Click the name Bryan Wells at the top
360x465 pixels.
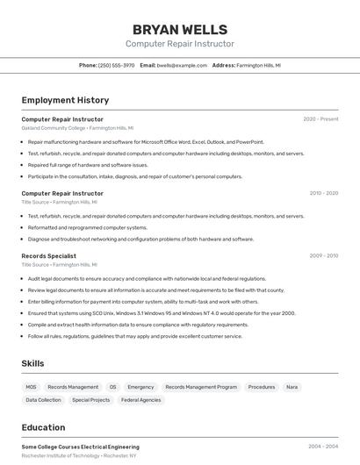coord(180,30)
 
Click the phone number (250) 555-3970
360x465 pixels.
coord(117,65)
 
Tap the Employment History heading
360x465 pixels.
coord(65,101)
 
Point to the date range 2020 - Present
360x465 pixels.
coord(320,119)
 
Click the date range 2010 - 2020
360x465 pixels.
coord(323,193)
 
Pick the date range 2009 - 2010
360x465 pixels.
coord(323,256)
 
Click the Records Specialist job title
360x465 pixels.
coord(48,256)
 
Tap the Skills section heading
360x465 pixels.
coord(32,363)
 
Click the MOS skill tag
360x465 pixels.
coord(31,387)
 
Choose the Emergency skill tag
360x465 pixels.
coord(140,387)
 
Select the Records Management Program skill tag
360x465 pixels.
coord(201,387)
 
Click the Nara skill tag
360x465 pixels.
coord(292,387)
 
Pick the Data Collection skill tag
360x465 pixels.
coord(43,400)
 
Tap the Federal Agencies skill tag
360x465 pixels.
coord(140,400)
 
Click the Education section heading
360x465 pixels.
coord(43,428)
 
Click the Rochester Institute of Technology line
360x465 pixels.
coord(79,456)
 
